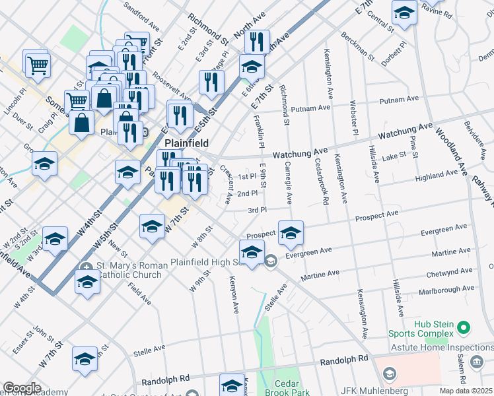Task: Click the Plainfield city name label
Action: (x=186, y=143)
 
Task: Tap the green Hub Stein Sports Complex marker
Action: (x=464, y=327)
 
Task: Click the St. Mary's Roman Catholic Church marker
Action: (x=87, y=267)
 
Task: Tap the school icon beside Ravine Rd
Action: (x=404, y=12)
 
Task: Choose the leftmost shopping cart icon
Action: (x=36, y=63)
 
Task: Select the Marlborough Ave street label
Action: (x=449, y=288)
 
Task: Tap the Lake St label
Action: (x=394, y=156)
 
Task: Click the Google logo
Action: (x=22, y=387)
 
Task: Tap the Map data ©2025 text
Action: (x=466, y=391)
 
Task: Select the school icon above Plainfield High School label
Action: (x=252, y=252)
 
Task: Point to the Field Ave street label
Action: (x=139, y=293)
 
